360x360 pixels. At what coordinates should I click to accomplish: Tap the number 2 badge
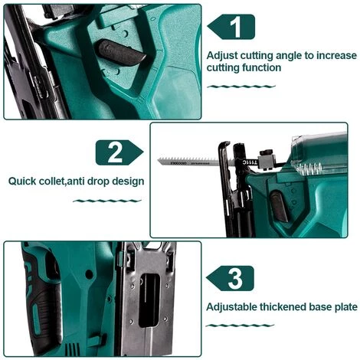tap(115, 152)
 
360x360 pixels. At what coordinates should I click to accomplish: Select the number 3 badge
tap(237, 277)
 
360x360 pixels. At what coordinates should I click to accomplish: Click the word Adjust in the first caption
tap(224, 55)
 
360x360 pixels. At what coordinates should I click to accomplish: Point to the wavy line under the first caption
tap(240, 86)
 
